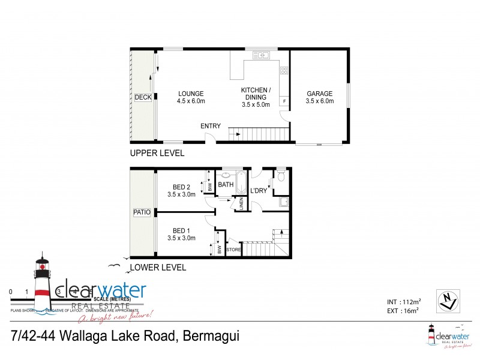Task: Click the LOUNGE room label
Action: (191, 94)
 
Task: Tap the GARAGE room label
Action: (319, 94)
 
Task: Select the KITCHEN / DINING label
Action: (256, 91)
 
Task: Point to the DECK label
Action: (143, 97)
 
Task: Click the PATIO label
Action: (143, 212)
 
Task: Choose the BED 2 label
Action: (181, 187)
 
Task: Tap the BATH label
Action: (226, 185)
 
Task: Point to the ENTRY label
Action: (211, 126)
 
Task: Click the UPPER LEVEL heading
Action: (157, 154)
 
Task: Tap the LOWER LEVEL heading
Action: (158, 268)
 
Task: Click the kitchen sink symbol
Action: (262, 55)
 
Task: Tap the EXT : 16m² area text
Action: (403, 310)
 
